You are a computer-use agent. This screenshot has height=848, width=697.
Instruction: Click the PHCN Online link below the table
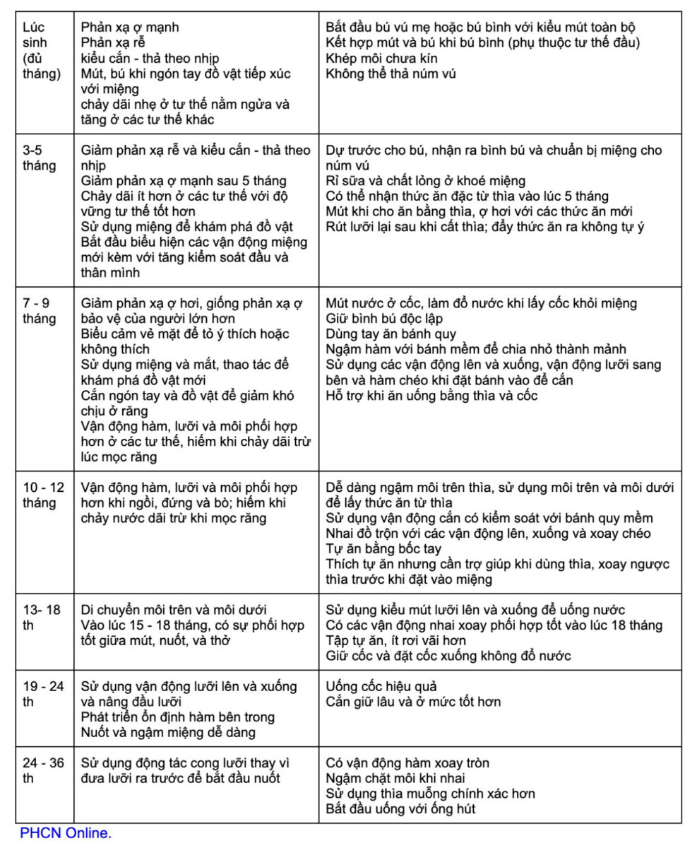coord(66,833)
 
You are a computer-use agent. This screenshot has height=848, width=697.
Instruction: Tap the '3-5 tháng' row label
coord(39,158)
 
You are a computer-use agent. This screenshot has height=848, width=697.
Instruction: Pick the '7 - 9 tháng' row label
coord(40,310)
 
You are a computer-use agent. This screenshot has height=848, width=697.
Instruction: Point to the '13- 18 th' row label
coord(41,617)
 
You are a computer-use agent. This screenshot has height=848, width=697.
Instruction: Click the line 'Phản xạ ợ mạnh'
coord(130,28)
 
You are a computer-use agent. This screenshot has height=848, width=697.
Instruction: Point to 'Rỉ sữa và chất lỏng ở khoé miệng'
coord(426,180)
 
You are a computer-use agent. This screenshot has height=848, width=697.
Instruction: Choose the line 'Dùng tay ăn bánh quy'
coord(391,334)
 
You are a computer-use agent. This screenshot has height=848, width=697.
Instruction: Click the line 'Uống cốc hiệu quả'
coord(381,686)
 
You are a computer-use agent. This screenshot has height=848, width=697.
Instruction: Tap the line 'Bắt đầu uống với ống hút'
coord(400,808)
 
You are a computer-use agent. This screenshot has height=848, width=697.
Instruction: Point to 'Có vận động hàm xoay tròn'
coord(407,762)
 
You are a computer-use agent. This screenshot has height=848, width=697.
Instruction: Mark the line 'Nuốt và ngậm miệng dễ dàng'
coord(168,732)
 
